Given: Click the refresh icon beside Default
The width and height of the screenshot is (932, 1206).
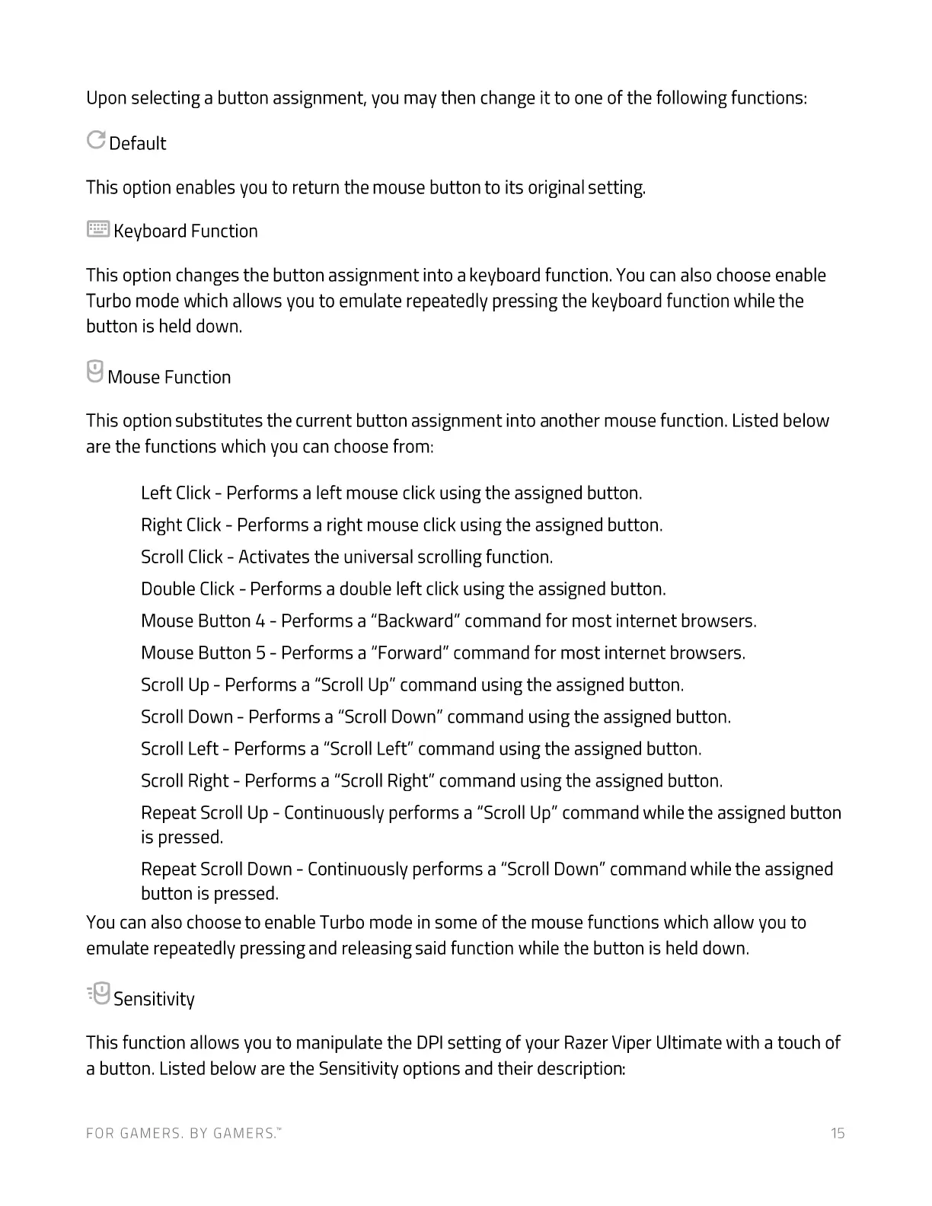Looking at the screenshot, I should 96,140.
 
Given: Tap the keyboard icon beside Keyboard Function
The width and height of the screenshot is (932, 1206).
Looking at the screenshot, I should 98,229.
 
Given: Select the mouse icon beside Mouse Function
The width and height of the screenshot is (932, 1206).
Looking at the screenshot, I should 95,372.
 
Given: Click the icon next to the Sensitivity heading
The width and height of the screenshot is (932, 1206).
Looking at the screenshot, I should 99,994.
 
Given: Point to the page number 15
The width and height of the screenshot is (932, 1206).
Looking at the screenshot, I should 838,1134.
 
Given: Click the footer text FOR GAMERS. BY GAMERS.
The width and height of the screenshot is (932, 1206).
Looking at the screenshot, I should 183,1134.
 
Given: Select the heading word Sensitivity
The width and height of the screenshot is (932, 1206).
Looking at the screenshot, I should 154,999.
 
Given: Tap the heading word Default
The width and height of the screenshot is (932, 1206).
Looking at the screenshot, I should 138,144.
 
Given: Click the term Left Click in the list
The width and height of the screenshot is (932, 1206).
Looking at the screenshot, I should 176,493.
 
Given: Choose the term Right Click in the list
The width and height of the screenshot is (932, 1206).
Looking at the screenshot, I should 181,525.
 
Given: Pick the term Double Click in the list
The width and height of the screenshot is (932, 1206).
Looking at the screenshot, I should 188,589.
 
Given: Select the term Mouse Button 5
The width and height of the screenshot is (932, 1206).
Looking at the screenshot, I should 203,653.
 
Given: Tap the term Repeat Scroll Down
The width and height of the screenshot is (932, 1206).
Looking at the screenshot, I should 216,869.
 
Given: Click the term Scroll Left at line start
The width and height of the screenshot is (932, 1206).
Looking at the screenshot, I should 180,749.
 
